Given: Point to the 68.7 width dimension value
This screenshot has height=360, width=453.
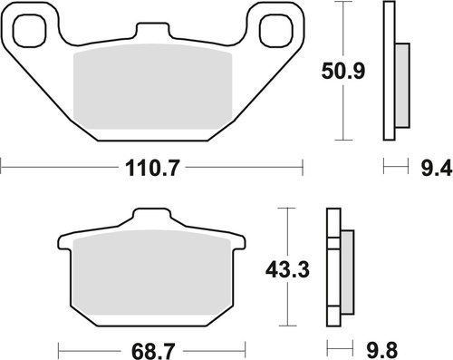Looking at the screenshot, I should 151,348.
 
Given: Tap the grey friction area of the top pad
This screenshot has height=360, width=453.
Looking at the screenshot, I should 151,91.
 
